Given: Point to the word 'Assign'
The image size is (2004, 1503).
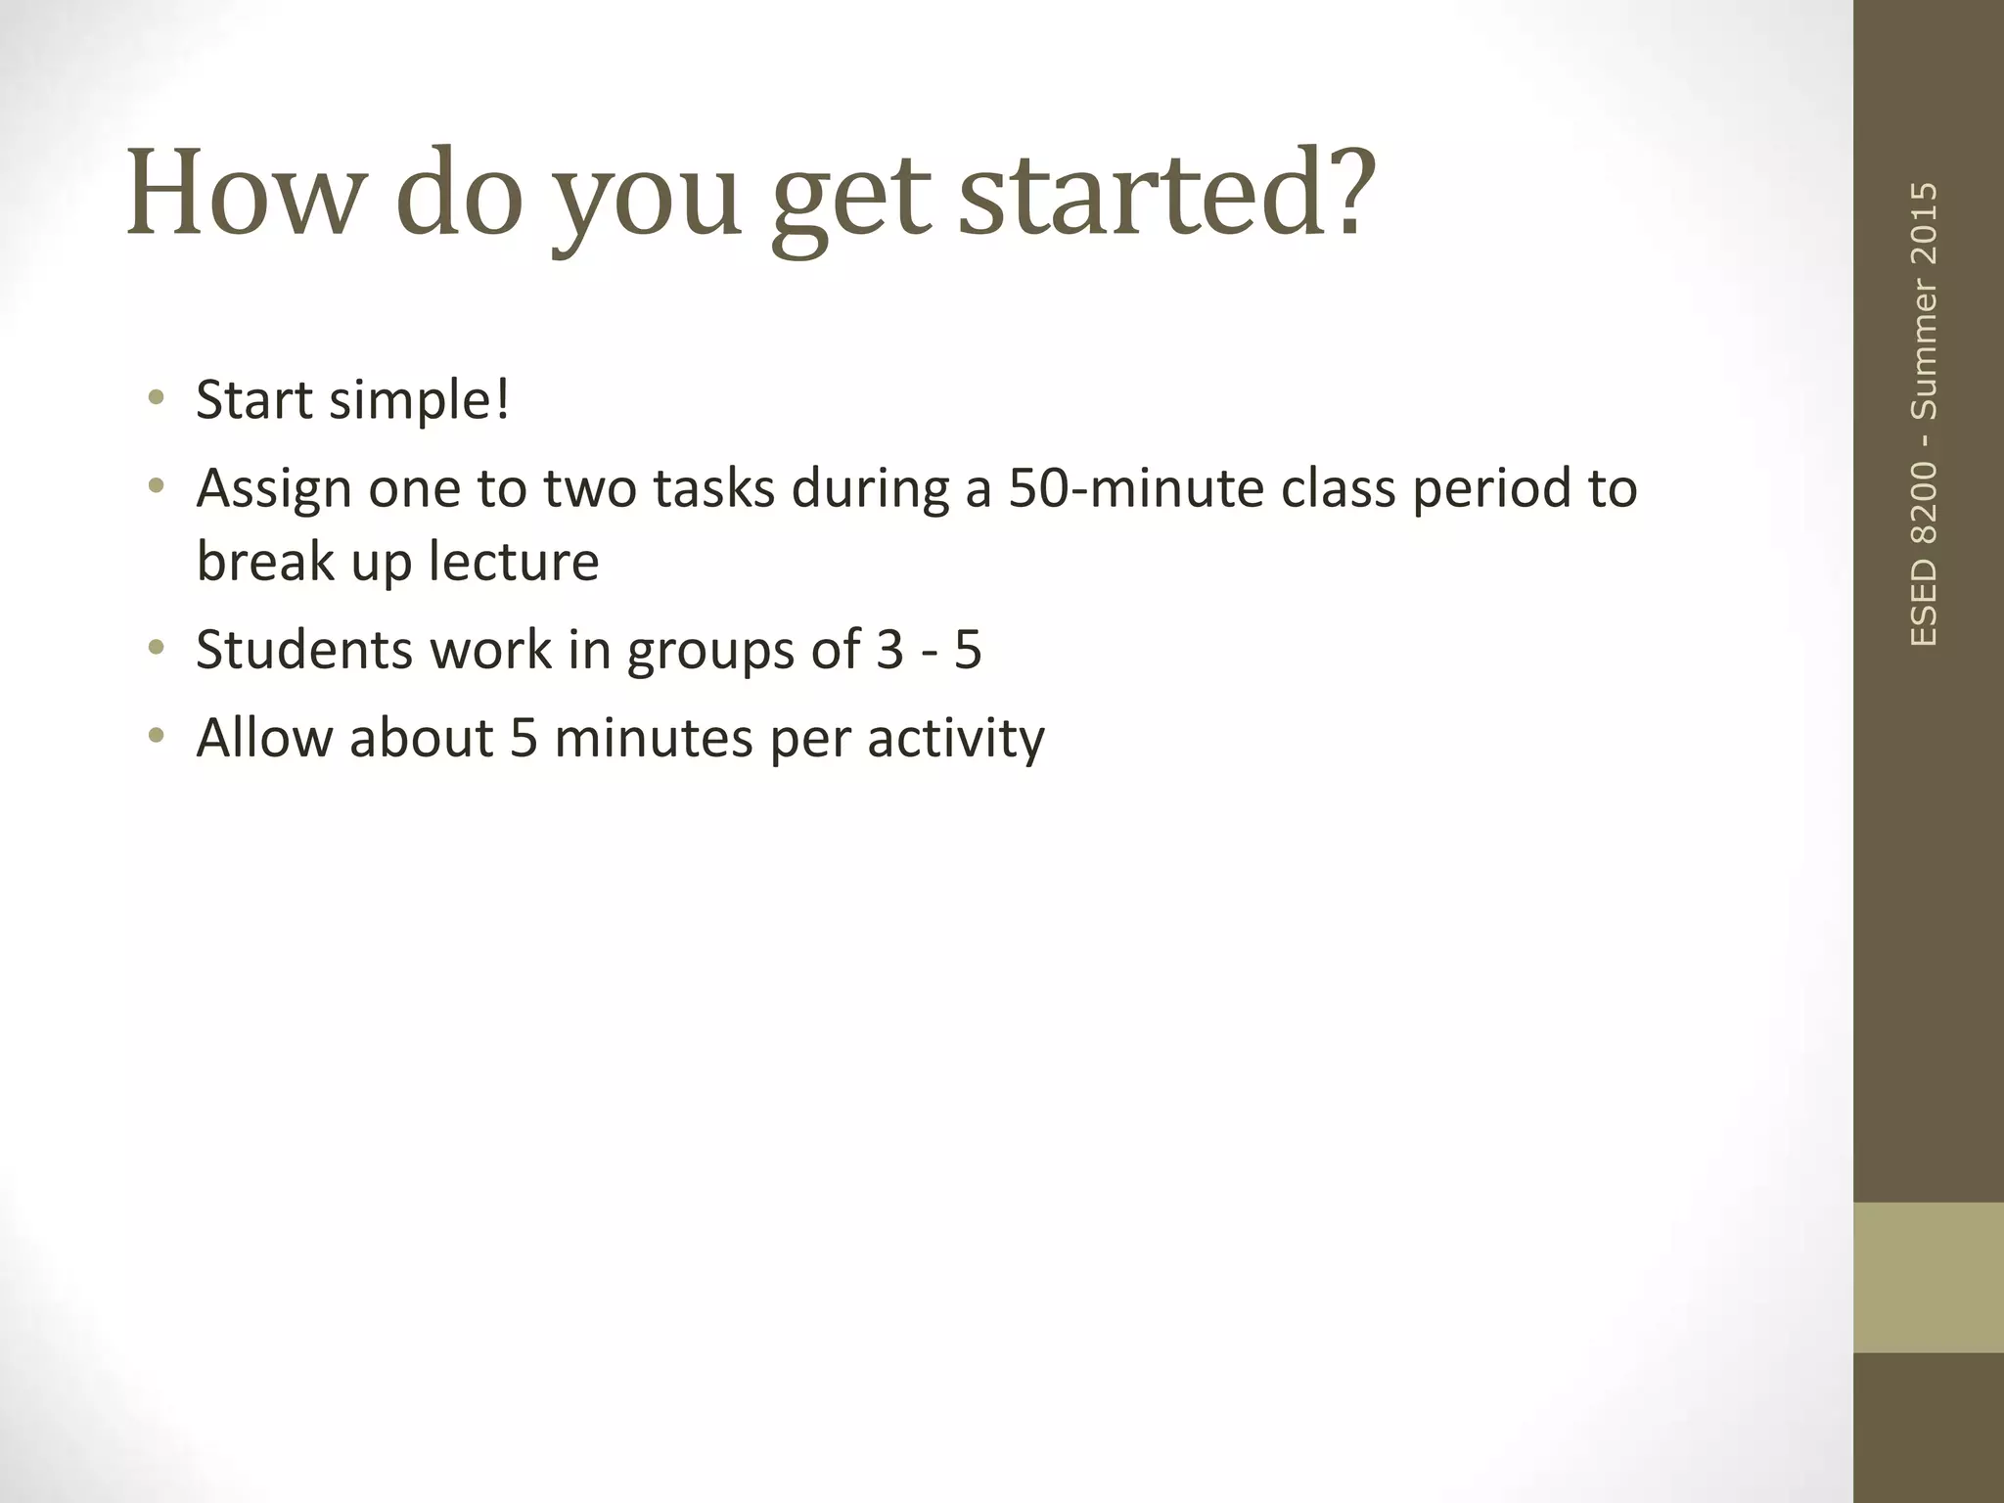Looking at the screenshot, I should click(x=274, y=489).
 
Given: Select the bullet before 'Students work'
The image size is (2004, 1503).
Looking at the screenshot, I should click(x=155, y=648).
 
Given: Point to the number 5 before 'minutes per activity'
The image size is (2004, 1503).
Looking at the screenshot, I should click(x=524, y=738).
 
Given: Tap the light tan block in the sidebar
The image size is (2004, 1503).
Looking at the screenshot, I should click(x=1928, y=1277).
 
